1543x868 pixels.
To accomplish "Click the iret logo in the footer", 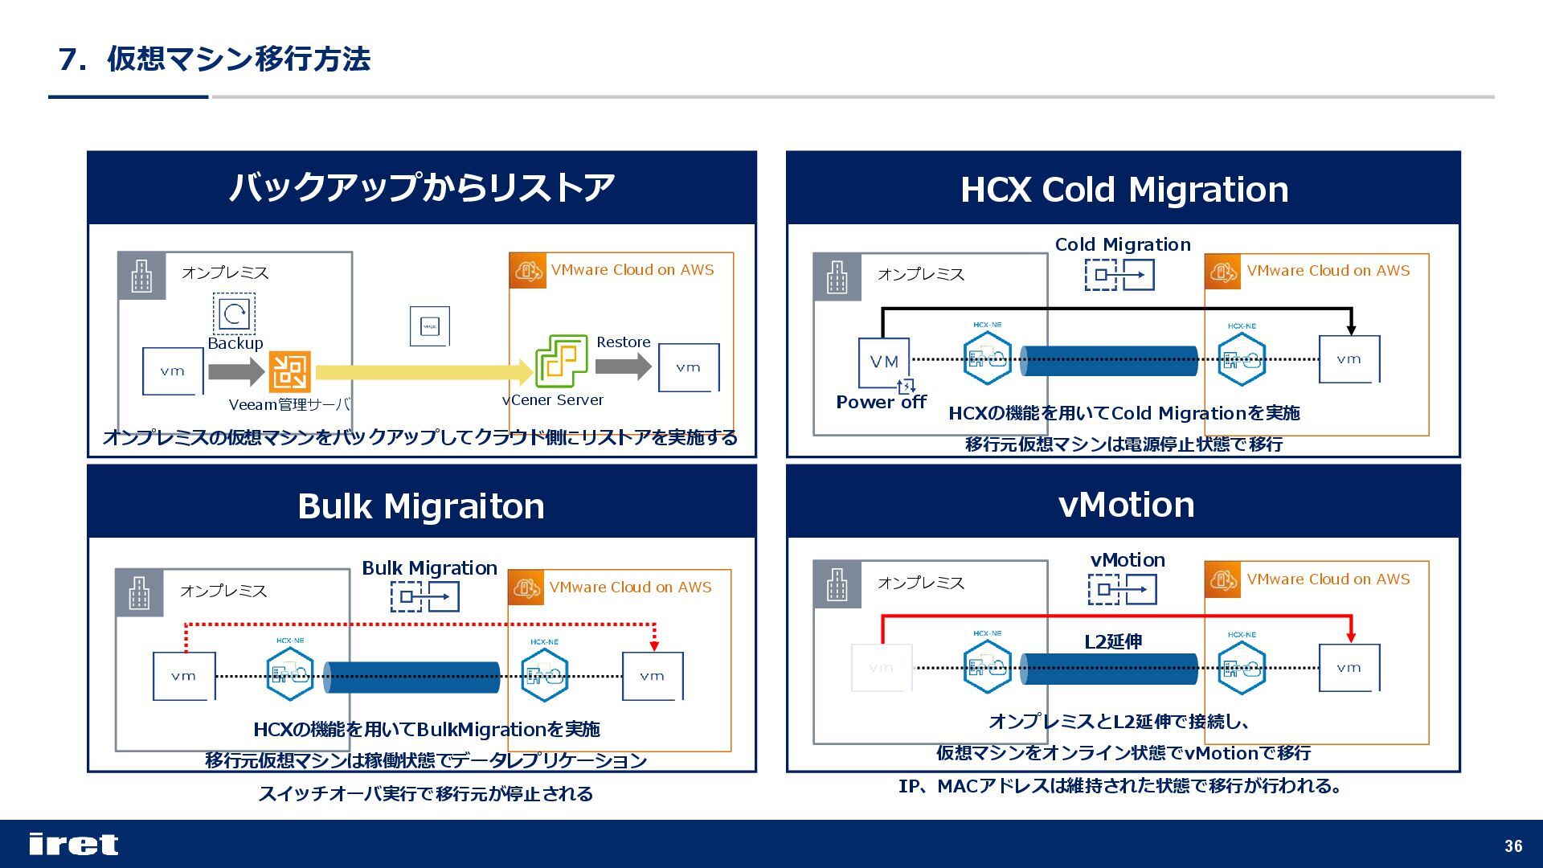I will (x=73, y=844).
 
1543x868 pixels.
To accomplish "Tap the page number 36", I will (x=1513, y=845).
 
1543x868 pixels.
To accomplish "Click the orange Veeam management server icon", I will (x=289, y=371).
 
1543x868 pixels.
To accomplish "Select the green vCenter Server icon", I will (x=561, y=361).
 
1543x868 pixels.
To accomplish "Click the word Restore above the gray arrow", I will (x=623, y=342).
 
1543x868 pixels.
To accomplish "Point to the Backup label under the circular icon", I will (x=235, y=343).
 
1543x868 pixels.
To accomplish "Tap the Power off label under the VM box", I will (x=881, y=402).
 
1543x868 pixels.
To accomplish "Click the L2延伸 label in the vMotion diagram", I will (x=1113, y=641).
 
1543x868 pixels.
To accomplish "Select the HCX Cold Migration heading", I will (x=1123, y=190).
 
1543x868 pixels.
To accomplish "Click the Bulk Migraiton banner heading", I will (x=421, y=506).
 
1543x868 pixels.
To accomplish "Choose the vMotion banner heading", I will (x=1126, y=505).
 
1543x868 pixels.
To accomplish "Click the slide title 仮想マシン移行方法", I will (x=238, y=59).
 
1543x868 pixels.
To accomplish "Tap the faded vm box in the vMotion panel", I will (x=882, y=668).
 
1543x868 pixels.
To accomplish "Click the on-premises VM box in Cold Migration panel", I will (x=884, y=362).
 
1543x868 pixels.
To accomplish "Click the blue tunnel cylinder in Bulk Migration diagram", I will (x=411, y=677).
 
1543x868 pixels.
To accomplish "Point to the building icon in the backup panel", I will (x=141, y=276).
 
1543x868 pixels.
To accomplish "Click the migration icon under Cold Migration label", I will (x=1119, y=275).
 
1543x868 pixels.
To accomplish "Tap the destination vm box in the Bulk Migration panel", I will (x=653, y=676).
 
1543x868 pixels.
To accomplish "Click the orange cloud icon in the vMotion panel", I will (x=1222, y=579).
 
